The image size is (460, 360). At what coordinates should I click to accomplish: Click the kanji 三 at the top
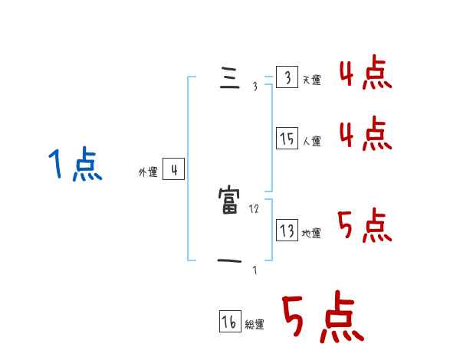coord(229,80)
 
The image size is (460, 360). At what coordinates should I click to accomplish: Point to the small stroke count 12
coord(255,208)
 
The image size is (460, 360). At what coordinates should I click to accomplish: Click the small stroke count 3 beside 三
coord(255,87)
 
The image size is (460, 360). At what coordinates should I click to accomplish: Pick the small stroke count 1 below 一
coord(255,270)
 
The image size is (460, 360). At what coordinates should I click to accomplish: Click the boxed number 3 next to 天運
coord(287,78)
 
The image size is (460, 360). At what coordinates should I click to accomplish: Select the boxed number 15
coord(287,139)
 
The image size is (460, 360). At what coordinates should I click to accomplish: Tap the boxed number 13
coord(287,231)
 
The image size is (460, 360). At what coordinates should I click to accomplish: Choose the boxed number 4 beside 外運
coord(173,169)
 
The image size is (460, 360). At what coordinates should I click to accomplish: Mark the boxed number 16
coord(229,322)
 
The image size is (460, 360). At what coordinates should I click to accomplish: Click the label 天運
coord(311,80)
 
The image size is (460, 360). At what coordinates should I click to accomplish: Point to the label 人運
coord(311,141)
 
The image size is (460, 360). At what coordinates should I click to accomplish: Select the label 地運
coord(311,233)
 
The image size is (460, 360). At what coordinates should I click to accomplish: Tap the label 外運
coord(148,172)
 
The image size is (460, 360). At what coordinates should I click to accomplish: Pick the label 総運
coord(255,325)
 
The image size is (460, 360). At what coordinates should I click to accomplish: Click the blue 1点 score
coord(74,165)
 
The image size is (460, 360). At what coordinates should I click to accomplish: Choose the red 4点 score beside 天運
coord(365,74)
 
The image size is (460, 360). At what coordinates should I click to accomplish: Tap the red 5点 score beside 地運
coord(365,225)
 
